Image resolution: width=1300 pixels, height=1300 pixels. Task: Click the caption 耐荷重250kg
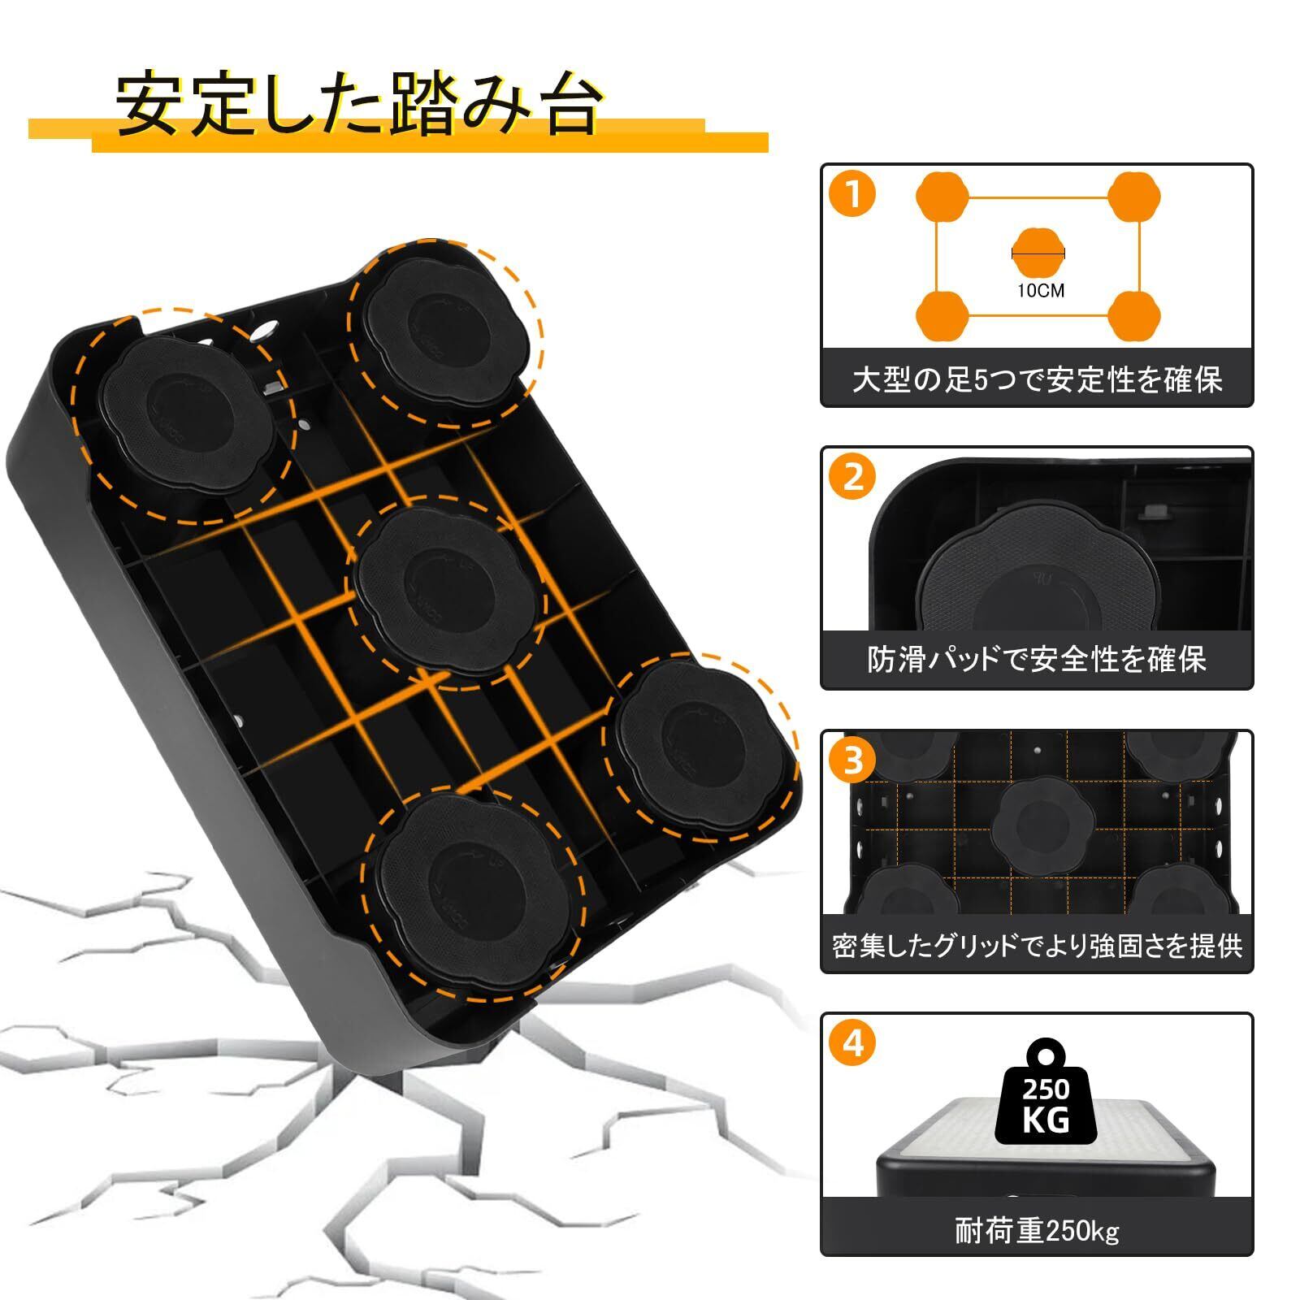coord(1037,1232)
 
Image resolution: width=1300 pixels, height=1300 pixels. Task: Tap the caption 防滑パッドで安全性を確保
coord(1037,659)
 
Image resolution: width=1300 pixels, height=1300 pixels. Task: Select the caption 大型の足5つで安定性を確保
coord(1037,379)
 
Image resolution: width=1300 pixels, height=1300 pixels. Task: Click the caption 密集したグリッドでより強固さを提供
coord(1037,946)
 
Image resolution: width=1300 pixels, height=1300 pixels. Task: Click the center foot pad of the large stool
coord(441,590)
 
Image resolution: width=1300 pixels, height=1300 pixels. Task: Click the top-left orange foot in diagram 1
coord(942,197)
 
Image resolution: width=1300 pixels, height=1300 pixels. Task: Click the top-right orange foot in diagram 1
coord(1134,197)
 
